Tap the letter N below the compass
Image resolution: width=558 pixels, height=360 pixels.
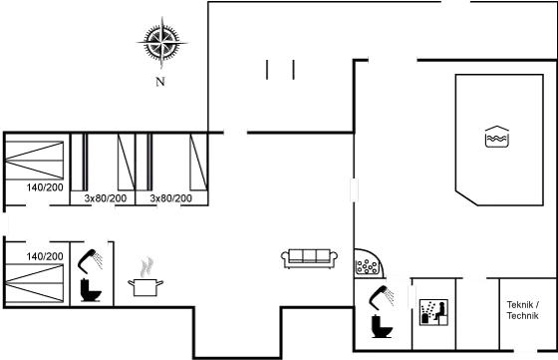click(x=159, y=82)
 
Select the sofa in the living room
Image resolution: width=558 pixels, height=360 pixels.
click(x=308, y=257)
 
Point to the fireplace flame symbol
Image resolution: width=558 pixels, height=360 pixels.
click(x=146, y=268)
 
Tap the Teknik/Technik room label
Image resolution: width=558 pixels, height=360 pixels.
click(x=523, y=310)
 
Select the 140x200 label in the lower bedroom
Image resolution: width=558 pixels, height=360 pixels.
click(x=45, y=256)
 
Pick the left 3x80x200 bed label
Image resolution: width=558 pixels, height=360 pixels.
click(x=107, y=198)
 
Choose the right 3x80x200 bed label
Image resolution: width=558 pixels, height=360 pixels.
click(x=170, y=198)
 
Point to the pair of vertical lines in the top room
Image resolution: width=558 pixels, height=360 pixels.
click(x=280, y=70)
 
